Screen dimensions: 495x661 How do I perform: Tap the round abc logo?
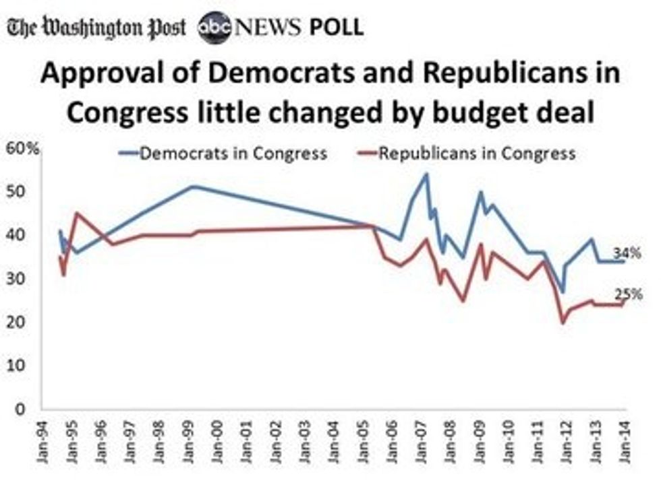tap(215, 28)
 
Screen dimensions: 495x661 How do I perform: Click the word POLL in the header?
tap(337, 28)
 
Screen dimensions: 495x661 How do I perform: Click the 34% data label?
tap(627, 253)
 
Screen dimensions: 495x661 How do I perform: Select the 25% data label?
tap(628, 294)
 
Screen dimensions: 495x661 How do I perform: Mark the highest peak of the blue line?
tap(426, 174)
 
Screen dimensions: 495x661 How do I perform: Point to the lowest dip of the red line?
tap(563, 323)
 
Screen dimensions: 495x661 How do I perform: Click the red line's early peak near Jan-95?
tap(76, 213)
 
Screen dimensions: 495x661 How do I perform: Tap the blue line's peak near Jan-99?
tap(193, 186)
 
